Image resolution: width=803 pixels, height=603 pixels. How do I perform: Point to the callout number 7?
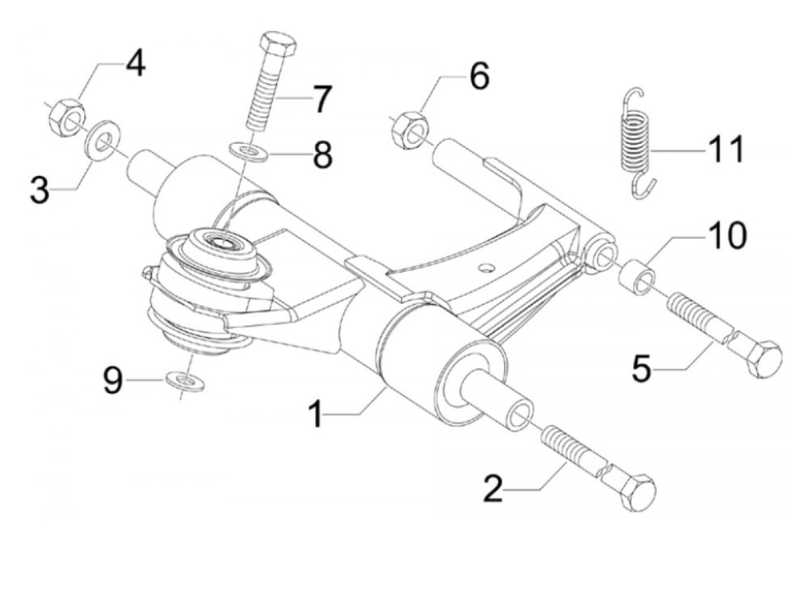coord(322,99)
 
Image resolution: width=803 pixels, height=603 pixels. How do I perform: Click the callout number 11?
coord(726,149)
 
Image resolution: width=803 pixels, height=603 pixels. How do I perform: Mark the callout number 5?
coord(642,368)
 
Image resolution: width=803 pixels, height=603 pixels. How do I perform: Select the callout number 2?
coord(493,489)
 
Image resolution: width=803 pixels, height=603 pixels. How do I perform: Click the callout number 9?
coord(113,381)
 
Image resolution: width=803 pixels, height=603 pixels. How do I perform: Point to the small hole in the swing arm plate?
coord(486,267)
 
